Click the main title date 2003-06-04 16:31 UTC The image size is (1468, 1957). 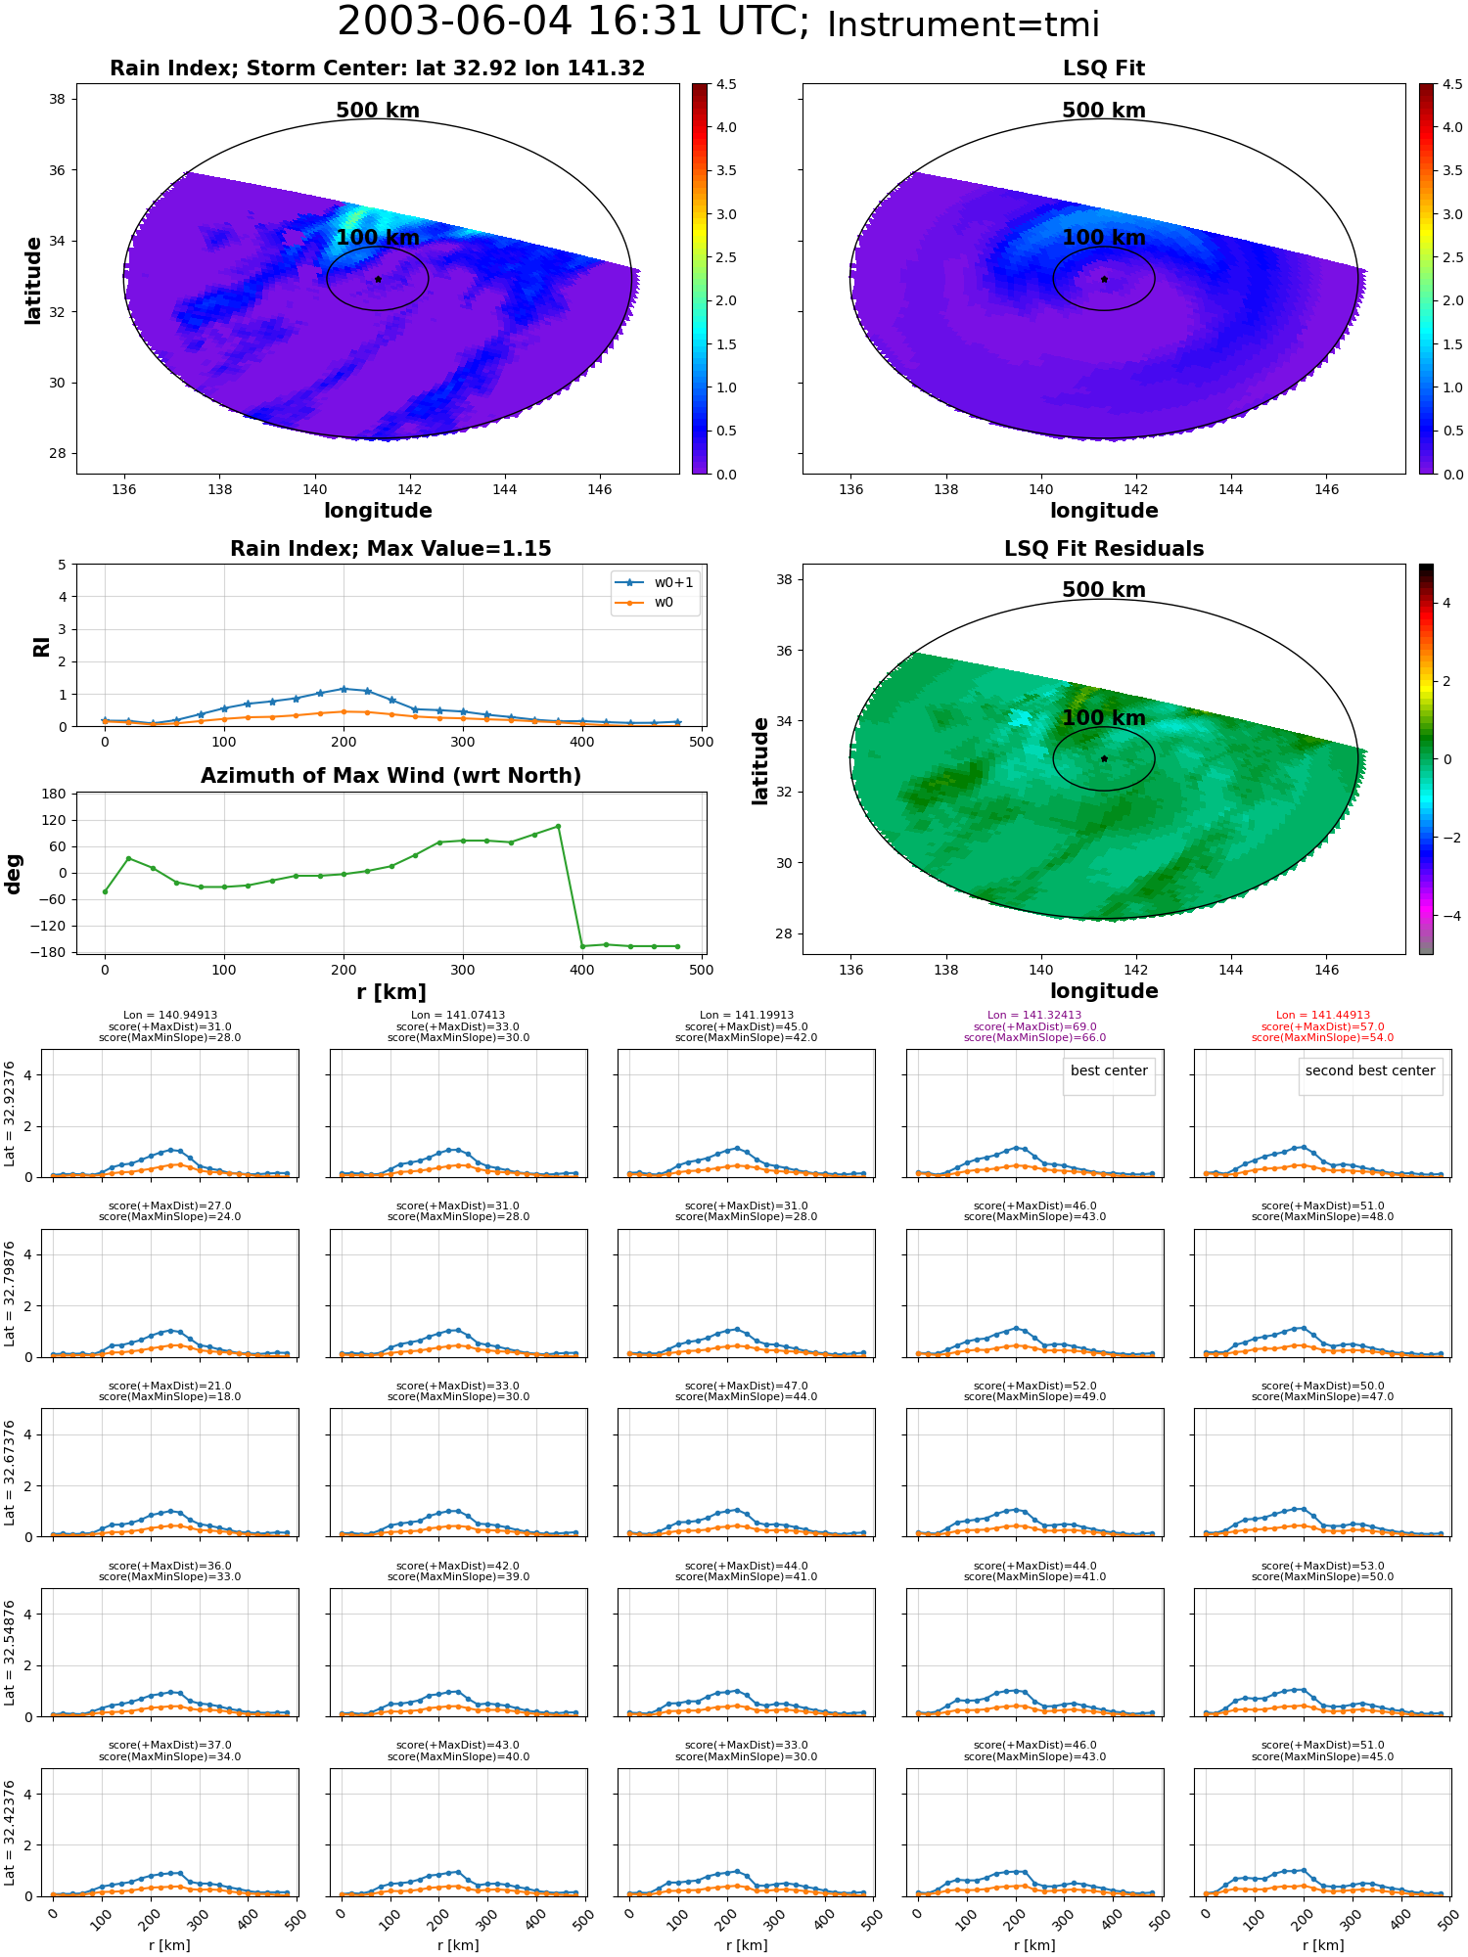point(573,23)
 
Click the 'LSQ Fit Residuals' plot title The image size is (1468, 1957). point(1104,549)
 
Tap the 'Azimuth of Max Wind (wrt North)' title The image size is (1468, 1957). point(390,776)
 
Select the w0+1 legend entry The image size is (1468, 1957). point(655,583)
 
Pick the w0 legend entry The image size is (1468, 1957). point(645,603)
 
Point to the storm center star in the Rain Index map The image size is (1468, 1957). point(378,279)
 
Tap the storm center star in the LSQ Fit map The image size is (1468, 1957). point(1104,279)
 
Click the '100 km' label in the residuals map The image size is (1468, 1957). point(1104,718)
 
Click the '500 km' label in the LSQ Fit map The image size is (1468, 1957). point(1104,111)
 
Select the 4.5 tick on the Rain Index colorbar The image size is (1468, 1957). point(726,84)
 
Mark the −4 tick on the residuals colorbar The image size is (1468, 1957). point(1446,916)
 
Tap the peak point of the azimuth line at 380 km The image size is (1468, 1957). point(559,826)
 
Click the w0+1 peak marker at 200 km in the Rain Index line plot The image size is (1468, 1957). point(344,689)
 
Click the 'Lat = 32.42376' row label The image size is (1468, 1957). point(10,1834)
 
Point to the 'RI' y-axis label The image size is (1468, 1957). point(41,647)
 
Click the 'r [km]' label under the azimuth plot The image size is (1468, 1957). point(390,992)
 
